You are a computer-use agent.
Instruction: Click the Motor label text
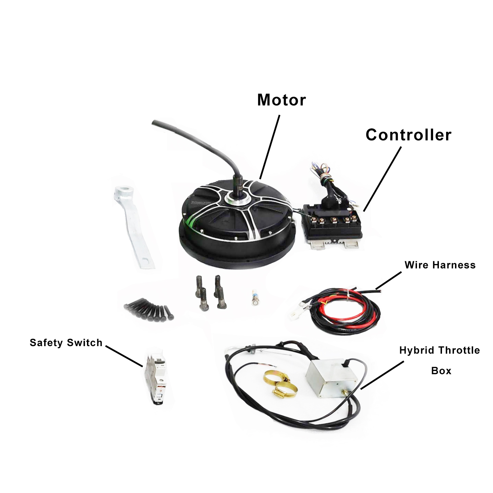[281, 100]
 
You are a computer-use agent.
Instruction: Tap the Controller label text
[408, 135]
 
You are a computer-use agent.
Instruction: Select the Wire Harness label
[440, 265]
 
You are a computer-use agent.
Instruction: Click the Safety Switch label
[66, 343]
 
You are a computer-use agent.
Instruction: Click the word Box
[441, 371]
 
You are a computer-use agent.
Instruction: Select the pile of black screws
[148, 309]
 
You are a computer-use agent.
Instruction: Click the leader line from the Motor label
[270, 147]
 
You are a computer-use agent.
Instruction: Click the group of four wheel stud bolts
[211, 293]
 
